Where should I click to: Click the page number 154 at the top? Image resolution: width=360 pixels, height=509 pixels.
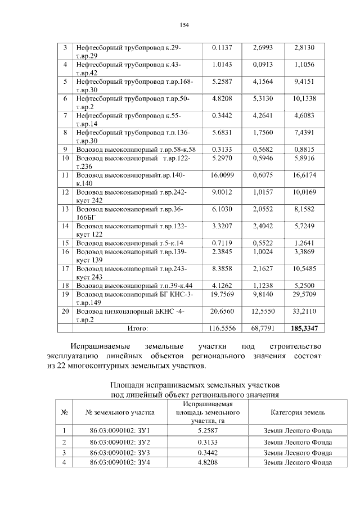183,25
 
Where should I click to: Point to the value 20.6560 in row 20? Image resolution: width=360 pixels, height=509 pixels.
222,310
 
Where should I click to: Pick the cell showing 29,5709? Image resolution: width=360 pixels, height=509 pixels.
304,294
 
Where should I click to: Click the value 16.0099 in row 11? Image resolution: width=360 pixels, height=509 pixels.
222,175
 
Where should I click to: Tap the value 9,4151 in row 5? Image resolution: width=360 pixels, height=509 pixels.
304,82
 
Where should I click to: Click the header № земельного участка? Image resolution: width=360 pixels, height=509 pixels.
119,412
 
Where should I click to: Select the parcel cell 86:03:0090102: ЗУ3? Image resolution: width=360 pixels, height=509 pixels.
119,452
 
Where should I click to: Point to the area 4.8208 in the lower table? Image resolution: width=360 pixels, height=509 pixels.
208,462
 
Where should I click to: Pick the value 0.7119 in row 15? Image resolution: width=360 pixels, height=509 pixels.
222,243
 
